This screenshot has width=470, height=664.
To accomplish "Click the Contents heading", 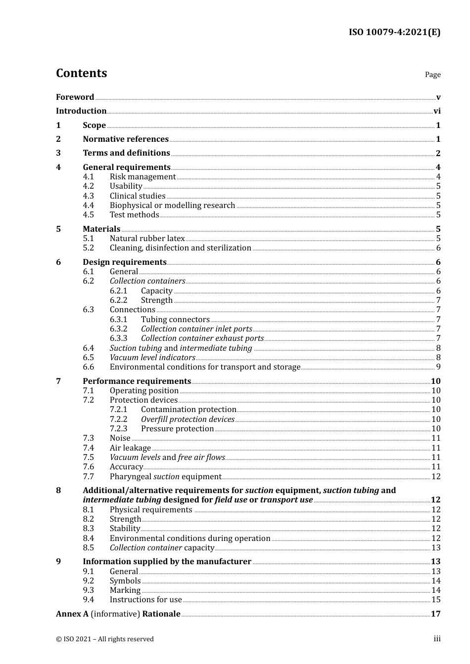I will (81, 73).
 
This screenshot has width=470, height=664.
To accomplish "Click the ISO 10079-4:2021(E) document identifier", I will (394, 32).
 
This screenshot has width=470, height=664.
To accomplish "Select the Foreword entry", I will (75, 97).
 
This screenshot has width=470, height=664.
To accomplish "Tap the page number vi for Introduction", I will (437, 111).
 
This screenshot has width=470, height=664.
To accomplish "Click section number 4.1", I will (88, 177).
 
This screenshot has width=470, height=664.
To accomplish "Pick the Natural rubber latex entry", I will (147, 239).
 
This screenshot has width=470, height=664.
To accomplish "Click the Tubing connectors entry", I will (175, 320).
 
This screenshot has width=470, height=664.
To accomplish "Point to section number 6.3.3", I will (118, 338).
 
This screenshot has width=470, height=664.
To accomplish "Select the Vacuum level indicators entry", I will (152, 358).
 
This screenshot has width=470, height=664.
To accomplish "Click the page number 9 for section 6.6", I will (438, 367).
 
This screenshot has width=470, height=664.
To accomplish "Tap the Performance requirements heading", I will (137, 381).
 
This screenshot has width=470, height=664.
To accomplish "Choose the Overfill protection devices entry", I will (188, 419).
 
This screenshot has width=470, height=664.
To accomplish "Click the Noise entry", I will (120, 438).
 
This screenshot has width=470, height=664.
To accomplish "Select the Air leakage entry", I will (130, 448).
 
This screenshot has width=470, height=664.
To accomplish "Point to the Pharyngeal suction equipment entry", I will (165, 477).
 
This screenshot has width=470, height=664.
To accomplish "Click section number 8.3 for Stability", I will (88, 529).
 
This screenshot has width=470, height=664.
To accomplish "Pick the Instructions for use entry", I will (145, 600).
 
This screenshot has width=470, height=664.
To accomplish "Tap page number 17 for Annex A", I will (435, 614).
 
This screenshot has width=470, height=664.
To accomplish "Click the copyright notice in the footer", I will (105, 639).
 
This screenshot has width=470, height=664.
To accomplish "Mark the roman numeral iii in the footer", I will (437, 639).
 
